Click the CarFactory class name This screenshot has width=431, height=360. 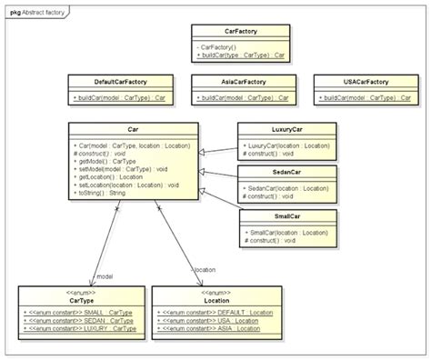point(240,30)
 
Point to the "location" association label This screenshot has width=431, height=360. point(204,270)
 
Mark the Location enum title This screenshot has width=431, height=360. point(216,300)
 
